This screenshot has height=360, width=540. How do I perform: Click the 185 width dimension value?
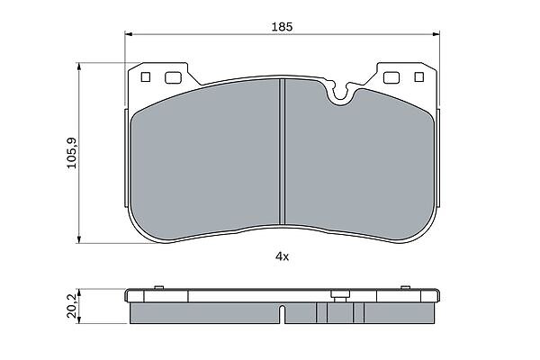pyautogui.click(x=282, y=26)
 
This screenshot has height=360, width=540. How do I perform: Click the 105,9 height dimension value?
pyautogui.click(x=72, y=153)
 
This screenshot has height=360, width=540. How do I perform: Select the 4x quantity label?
pyautogui.click(x=282, y=256)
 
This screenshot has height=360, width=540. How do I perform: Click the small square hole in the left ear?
pyautogui.click(x=146, y=76)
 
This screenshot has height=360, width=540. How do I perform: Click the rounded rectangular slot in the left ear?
pyautogui.click(x=173, y=77)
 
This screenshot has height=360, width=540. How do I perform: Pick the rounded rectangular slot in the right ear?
pyautogui.click(x=391, y=77)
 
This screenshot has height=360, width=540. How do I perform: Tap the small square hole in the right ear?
pyautogui.click(x=418, y=76)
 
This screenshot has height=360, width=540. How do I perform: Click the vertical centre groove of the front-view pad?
pyautogui.click(x=282, y=151)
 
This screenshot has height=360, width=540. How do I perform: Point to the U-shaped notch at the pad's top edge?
pyautogui.click(x=340, y=93)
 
